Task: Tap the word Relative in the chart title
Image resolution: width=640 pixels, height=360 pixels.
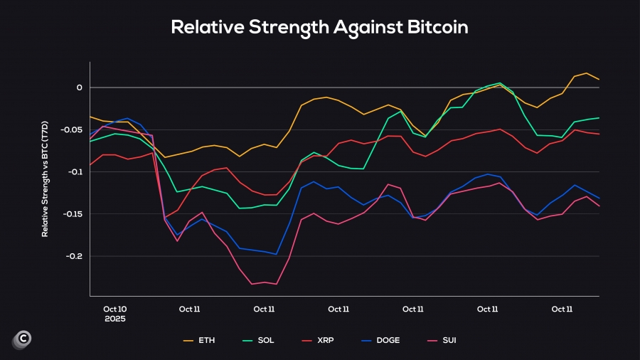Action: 206,28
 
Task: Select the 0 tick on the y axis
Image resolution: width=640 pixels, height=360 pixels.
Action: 80,88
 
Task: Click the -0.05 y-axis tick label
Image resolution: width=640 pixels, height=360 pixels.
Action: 73,130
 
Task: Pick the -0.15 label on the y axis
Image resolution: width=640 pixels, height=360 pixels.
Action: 73,214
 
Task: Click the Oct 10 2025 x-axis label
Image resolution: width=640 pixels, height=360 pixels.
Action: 114,314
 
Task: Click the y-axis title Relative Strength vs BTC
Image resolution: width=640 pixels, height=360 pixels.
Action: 45,179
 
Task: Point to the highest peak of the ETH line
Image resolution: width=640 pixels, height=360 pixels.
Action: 586,73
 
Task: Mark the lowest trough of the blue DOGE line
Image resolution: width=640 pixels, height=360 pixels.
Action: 277,254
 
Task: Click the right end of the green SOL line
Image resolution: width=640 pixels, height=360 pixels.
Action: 599,118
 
